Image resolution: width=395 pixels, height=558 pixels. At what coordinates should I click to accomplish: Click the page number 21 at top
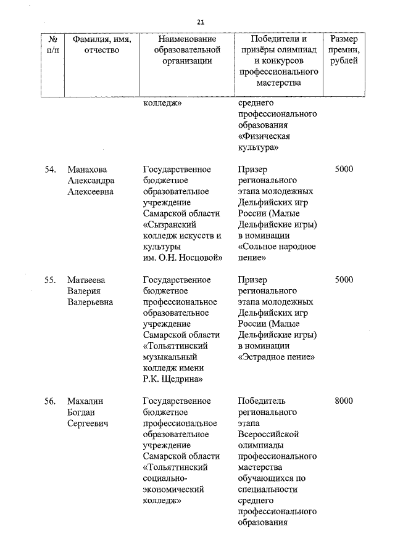[201, 22]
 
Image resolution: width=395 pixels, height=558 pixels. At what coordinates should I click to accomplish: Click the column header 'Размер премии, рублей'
[344, 50]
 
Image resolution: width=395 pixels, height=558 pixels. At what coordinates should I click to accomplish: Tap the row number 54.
[51, 169]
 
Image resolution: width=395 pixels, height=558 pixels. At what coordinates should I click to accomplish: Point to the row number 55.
[51, 279]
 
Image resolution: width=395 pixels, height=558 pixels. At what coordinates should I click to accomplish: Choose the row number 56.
[51, 401]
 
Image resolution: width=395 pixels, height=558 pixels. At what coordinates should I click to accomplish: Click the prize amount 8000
[343, 401]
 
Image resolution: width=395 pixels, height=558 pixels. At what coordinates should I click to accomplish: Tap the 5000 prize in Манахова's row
[343, 169]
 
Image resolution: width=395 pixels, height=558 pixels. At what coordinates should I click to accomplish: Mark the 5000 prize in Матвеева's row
[343, 279]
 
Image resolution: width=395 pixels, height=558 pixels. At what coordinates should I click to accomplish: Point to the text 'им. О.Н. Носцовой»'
[182, 257]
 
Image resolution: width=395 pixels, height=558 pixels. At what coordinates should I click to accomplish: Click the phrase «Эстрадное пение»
[276, 356]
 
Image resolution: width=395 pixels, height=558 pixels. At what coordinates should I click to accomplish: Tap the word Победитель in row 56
[262, 401]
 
